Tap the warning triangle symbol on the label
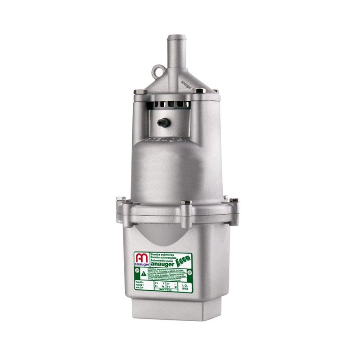pyautogui.click(x=143, y=274)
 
